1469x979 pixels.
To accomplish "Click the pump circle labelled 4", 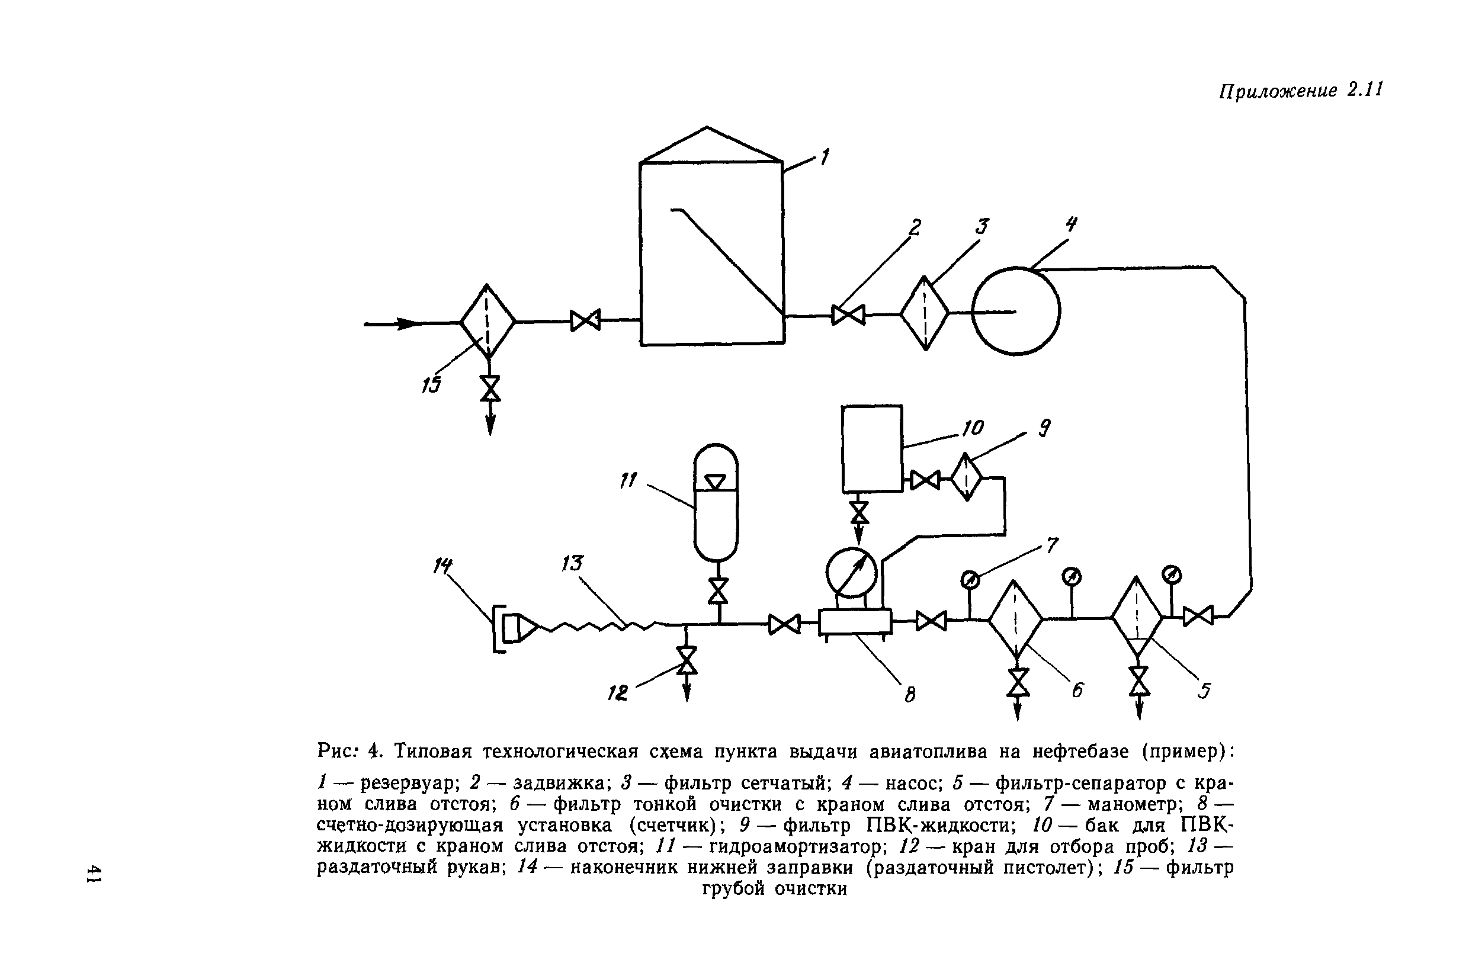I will point(1015,311).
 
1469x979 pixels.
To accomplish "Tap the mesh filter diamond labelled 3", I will point(924,313).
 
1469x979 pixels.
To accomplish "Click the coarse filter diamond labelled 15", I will point(487,322).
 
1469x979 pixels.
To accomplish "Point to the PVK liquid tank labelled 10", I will point(871,448).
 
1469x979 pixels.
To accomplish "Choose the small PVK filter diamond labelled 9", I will point(966,477).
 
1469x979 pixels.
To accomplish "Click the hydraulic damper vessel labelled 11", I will point(716,502).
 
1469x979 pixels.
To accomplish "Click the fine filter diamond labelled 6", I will point(1015,620).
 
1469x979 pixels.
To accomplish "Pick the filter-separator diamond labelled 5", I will point(1137,617).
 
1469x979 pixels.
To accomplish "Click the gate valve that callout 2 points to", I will point(848,314).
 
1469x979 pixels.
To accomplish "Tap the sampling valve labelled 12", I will point(687,660).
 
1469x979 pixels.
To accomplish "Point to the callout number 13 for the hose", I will point(571,564).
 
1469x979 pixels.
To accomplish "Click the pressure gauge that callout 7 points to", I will point(970,580).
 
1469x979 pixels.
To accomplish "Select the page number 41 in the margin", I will point(94,874).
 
